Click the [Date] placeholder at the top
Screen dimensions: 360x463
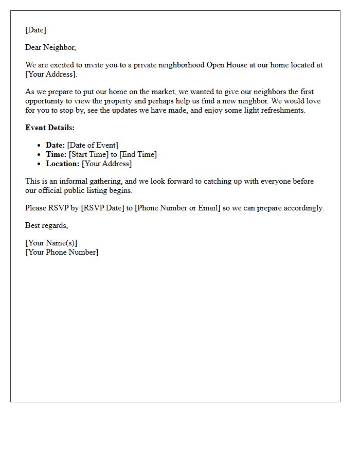pyautogui.click(x=35, y=30)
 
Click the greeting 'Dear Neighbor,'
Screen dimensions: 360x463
pyautogui.click(x=50, y=47)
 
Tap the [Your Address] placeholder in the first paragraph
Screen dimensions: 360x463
pyautogui.click(x=50, y=74)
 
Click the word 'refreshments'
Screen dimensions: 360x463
pyautogui.click(x=282, y=110)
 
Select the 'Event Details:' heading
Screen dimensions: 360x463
pyautogui.click(x=50, y=128)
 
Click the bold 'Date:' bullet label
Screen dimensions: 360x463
pyautogui.click(x=55, y=145)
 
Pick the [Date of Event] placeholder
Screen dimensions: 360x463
pyautogui.click(x=93, y=145)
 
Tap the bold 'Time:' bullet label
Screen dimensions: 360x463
pyautogui.click(x=56, y=154)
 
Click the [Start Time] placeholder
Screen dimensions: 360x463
pyautogui.click(x=88, y=154)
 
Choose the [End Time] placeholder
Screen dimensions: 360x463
pyautogui.click(x=138, y=154)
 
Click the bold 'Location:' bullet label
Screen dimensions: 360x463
pyautogui.click(x=62, y=164)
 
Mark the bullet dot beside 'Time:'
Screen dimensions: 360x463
pyautogui.click(x=39, y=155)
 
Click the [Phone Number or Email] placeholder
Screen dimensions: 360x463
pyautogui.click(x=177, y=208)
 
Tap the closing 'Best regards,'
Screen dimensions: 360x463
pyautogui.click(x=47, y=225)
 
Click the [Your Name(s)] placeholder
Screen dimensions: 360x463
pyautogui.click(x=51, y=243)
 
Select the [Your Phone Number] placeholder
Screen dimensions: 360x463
pyautogui.click(x=62, y=252)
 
